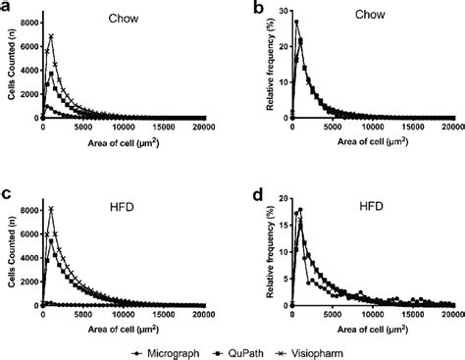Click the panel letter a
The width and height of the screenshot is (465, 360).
pyautogui.click(x=8, y=9)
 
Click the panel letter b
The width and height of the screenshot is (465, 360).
pyautogui.click(x=245, y=9)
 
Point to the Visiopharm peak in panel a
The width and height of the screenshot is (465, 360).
pyautogui.click(x=51, y=36)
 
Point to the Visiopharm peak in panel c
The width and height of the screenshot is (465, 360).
pyautogui.click(x=51, y=208)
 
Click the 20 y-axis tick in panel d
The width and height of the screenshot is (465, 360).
pyautogui.click(x=281, y=198)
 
